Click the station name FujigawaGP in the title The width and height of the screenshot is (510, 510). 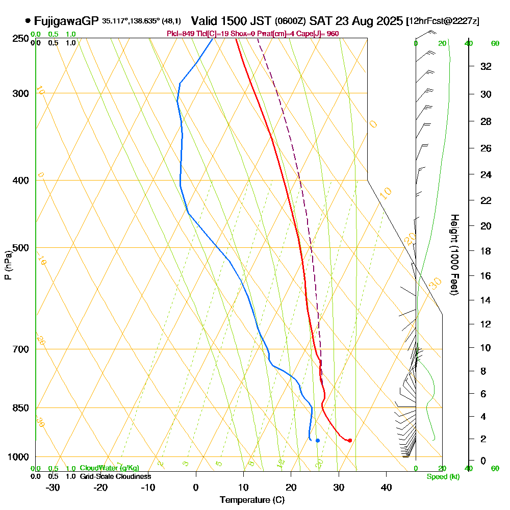coord(66,21)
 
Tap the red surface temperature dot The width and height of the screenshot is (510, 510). coord(350,440)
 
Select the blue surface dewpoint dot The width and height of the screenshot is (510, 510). coord(318,440)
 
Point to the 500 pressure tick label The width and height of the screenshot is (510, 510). coord(19,248)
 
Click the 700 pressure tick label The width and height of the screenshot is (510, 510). coord(19,349)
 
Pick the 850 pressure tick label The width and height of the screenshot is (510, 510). coord(19,408)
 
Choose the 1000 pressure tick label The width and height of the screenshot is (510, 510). coord(17,457)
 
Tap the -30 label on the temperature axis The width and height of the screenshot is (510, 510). coord(53,487)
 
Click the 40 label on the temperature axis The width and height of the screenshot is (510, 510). coord(386,487)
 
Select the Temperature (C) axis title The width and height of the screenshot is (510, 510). coord(252,500)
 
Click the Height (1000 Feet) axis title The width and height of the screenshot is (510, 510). coord(453,254)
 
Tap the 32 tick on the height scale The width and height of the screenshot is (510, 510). coord(486,66)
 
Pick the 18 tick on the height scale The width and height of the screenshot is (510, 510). coord(486,251)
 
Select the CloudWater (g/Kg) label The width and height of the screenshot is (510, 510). coord(109,468)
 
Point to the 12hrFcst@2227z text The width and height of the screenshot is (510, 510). coord(442,21)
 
